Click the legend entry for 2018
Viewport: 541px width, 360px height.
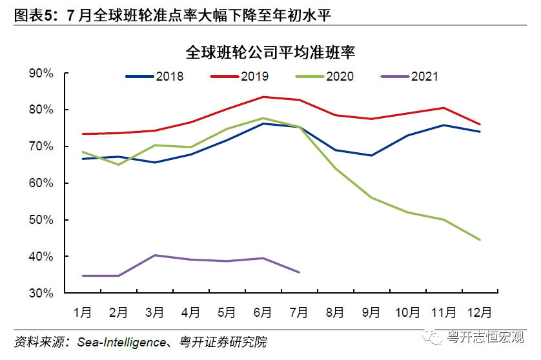tap(155, 77)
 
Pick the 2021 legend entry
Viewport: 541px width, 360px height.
tap(410, 77)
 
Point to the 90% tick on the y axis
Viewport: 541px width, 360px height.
tap(41, 74)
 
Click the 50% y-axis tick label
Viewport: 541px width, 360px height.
tap(41, 220)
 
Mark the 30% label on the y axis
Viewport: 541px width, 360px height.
tap(41, 293)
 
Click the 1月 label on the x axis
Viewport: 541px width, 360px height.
tap(83, 313)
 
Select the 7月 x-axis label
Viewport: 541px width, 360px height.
tap(299, 313)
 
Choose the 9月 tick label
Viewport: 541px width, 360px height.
tap(371, 313)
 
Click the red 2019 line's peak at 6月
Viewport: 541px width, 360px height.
tap(263, 97)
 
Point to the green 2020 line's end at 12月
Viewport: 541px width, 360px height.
tap(479, 239)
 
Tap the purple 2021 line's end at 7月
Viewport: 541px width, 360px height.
tap(299, 272)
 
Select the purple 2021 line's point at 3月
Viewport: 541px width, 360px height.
tap(155, 255)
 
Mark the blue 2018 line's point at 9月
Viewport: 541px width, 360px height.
tap(371, 155)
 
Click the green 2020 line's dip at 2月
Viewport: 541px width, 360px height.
tap(119, 165)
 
